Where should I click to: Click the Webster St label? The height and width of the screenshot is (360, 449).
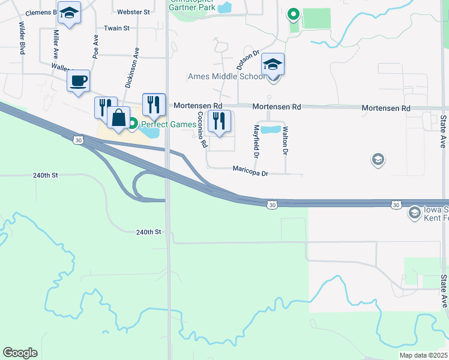click(133, 12)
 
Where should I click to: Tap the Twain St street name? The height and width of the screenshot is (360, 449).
click(116, 28)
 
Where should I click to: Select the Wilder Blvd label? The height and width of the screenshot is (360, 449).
click(22, 38)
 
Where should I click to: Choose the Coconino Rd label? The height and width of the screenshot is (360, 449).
click(202, 130)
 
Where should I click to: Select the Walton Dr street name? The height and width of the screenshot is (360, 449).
click(285, 140)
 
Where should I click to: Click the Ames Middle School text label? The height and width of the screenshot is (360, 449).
click(226, 76)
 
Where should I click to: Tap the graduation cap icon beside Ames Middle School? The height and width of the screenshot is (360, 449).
click(273, 64)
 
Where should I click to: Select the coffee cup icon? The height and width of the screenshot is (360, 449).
click(78, 81)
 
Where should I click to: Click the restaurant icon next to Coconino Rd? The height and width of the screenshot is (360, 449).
click(219, 121)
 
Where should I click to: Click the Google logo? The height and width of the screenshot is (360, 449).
click(20, 353)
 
